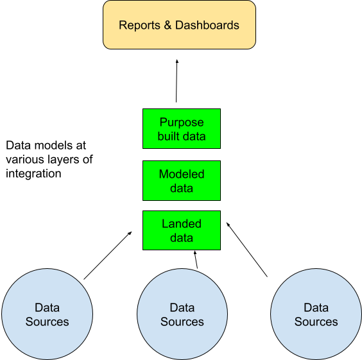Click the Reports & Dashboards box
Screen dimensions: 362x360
pos(179,24)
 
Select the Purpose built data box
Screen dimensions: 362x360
pos(182,128)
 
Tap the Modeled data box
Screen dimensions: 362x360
pos(182,180)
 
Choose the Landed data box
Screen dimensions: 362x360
pos(182,230)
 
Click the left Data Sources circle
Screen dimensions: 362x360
pos(47,314)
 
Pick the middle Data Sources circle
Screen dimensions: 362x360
pos(182,314)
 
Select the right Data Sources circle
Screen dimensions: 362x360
pos(316,314)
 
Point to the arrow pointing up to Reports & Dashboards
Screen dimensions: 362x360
pos(177,81)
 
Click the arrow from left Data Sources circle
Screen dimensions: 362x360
pos(108,255)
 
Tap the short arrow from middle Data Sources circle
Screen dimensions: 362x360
pos(196,260)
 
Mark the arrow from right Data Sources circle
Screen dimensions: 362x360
pos(247,250)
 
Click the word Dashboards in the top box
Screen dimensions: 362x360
pos(207,25)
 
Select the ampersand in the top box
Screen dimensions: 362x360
pos(168,25)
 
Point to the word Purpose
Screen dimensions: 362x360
pos(182,123)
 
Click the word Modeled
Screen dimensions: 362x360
pos(182,174)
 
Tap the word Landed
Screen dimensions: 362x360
pos(182,223)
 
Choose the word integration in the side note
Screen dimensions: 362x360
pos(34,174)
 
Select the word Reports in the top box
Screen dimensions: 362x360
pos(139,25)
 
